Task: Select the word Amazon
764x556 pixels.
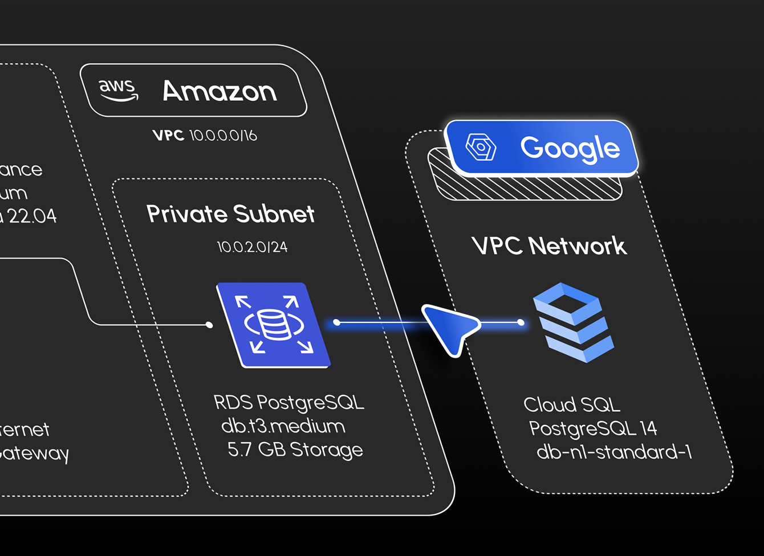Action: [220, 91]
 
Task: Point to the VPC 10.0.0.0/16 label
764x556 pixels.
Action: [205, 136]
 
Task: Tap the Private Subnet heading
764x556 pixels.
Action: [230, 214]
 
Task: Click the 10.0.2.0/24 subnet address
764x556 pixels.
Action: [252, 247]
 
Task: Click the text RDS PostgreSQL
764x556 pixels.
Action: [289, 402]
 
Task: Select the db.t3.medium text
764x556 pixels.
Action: [283, 426]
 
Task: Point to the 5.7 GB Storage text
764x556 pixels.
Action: [295, 449]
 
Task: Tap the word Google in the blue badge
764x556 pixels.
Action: [570, 148]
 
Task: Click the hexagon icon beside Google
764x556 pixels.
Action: [481, 147]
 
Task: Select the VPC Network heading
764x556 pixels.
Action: [549, 246]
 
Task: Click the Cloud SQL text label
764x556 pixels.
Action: [572, 404]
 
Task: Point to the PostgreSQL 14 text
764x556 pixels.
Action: [593, 428]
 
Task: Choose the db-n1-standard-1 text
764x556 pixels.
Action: [614, 452]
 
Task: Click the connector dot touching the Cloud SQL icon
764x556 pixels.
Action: [521, 322]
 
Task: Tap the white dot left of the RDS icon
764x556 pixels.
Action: [209, 325]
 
